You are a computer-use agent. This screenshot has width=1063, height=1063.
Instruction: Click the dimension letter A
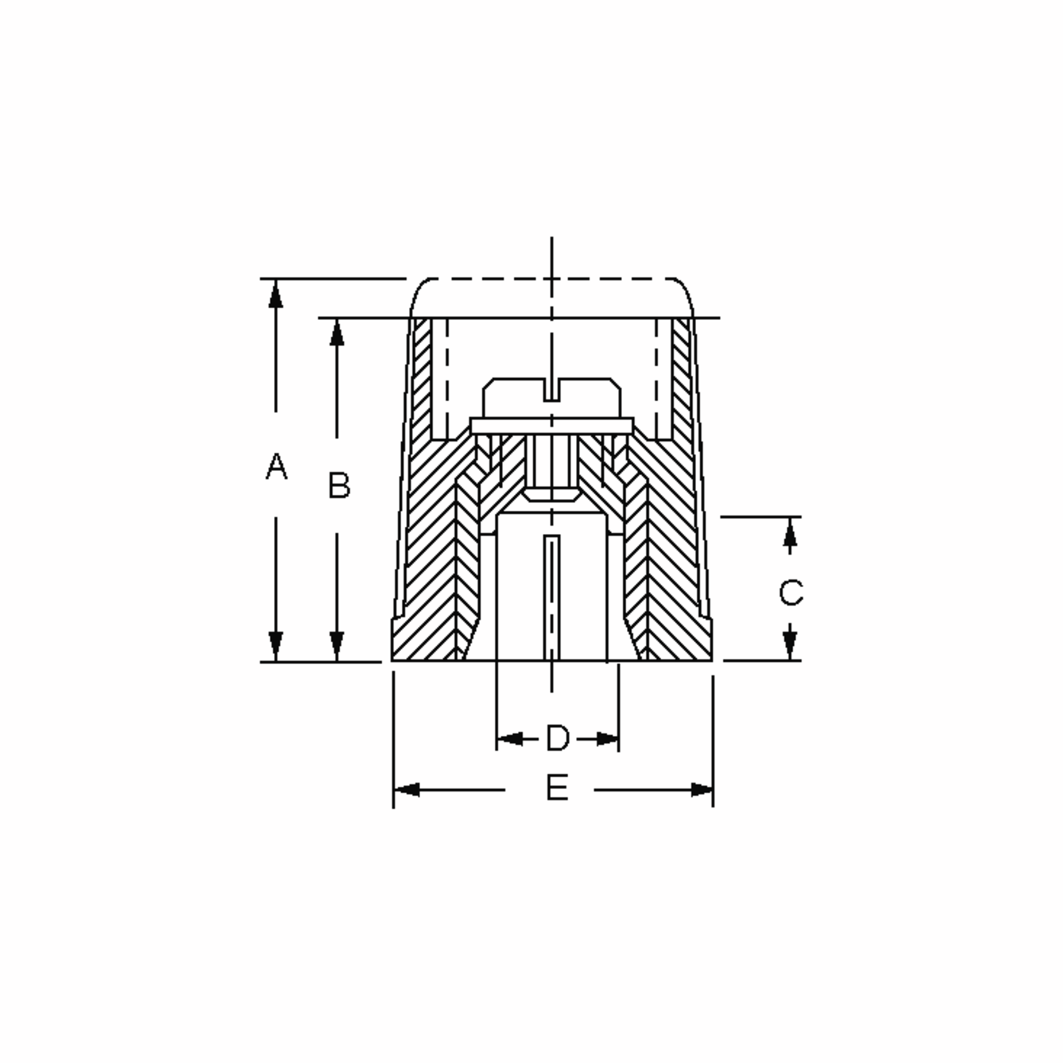[276, 466]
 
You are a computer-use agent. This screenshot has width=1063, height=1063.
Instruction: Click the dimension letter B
[339, 485]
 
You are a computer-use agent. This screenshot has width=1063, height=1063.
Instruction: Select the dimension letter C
[791, 593]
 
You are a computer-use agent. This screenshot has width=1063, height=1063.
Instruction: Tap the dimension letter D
[557, 738]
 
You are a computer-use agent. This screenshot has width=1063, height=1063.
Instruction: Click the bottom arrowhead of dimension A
[275, 646]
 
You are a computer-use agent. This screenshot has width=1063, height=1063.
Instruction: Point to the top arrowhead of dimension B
[337, 333]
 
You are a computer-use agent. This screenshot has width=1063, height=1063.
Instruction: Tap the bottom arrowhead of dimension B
[337, 646]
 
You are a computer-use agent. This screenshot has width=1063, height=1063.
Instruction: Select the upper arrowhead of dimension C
[790, 532]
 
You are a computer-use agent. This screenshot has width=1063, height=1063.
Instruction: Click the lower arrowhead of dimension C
[790, 645]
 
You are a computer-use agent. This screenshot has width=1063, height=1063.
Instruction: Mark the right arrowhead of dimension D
[607, 739]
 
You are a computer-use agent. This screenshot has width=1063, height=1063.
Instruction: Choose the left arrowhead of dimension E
[407, 790]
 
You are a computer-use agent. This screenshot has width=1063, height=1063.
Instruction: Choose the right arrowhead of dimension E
[702, 790]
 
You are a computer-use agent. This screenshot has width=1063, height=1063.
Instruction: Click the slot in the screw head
[552, 390]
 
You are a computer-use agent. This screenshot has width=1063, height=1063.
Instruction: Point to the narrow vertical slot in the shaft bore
[552, 597]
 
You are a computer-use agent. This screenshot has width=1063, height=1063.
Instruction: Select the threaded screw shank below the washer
[552, 462]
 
